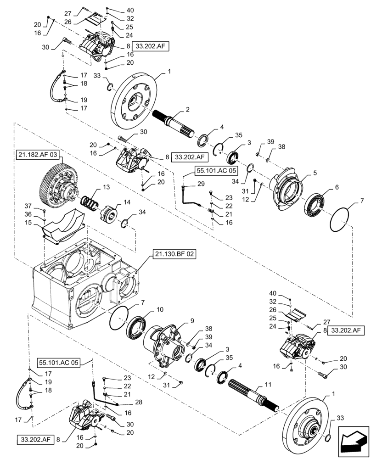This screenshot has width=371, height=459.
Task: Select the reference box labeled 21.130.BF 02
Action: click(x=173, y=253)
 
